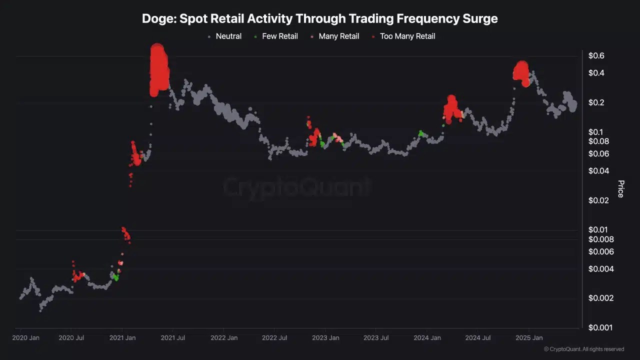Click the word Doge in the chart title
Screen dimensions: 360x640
[x=158, y=19]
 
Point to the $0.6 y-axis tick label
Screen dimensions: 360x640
[x=596, y=55]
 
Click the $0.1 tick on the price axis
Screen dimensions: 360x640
[x=596, y=132]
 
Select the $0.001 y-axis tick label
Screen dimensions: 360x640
[x=600, y=327]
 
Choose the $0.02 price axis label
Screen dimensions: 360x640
[x=598, y=200]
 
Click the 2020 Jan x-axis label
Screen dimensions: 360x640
[x=25, y=338]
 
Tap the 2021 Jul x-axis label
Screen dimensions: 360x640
[x=172, y=338]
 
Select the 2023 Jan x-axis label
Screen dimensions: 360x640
[x=325, y=338]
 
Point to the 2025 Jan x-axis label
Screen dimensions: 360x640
[x=529, y=338]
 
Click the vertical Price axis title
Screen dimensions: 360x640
[x=620, y=189]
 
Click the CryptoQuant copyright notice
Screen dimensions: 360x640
[x=583, y=349]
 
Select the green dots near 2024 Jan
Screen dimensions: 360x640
[x=421, y=133]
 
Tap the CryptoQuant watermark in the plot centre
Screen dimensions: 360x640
[x=297, y=187]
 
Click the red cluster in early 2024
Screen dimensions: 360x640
[x=452, y=109]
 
